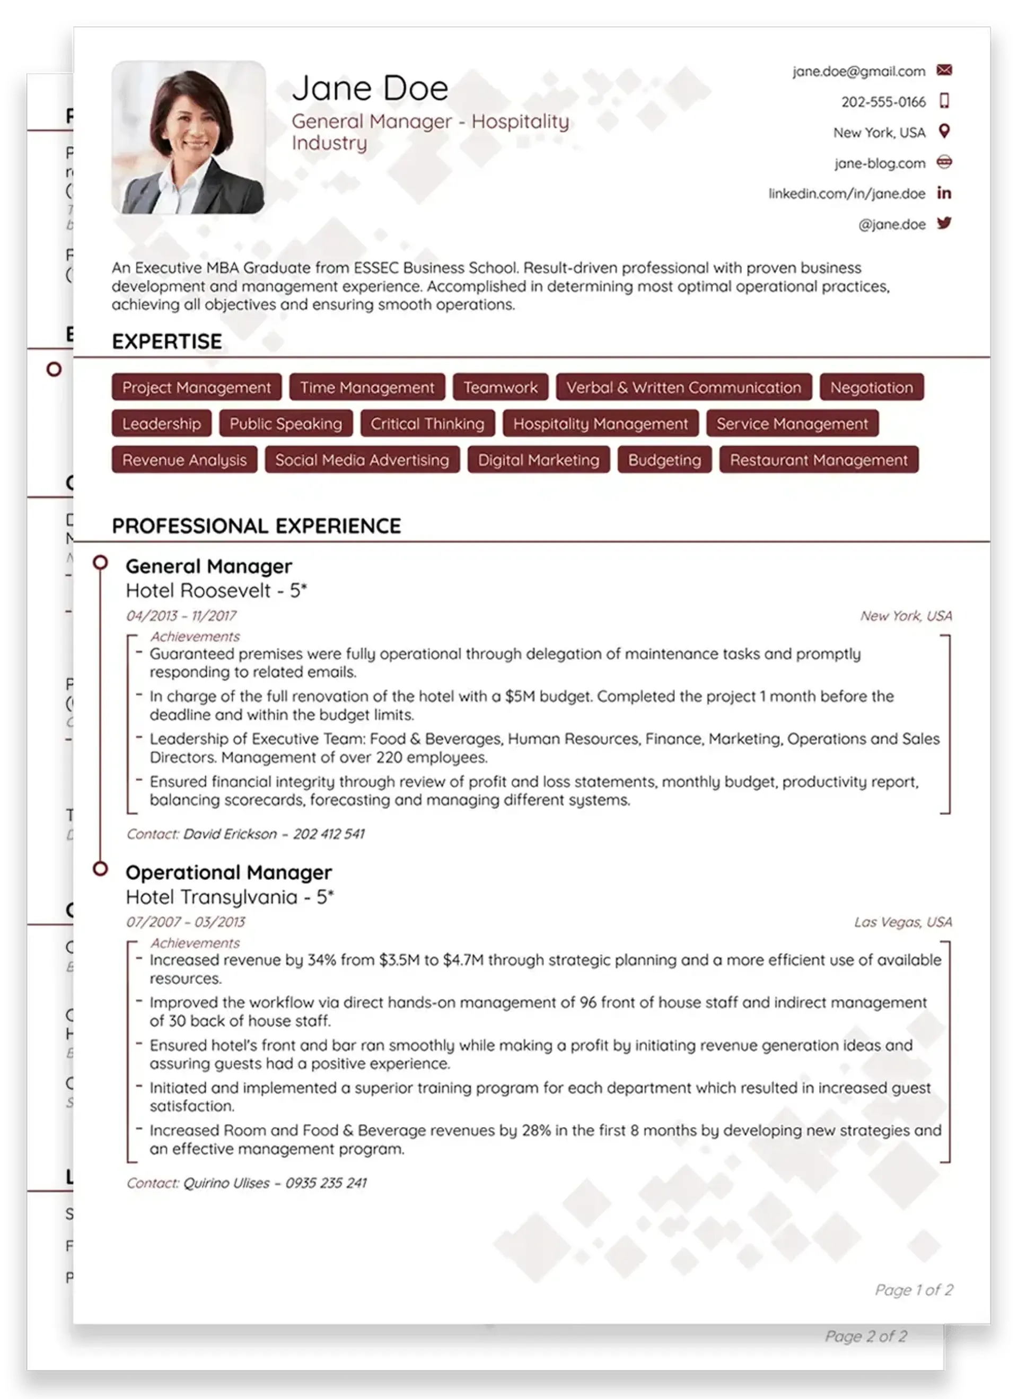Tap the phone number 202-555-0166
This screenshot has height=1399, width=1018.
click(x=883, y=102)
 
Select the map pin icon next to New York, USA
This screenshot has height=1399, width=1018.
click(x=944, y=132)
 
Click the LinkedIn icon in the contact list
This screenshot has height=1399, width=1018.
click(x=944, y=193)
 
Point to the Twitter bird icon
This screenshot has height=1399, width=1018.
click(x=944, y=223)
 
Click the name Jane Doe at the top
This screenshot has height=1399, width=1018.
click(x=370, y=88)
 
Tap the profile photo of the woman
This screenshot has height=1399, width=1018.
click(x=189, y=137)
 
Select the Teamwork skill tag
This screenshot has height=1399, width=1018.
click(x=500, y=387)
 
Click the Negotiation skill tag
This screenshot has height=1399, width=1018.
click(x=871, y=387)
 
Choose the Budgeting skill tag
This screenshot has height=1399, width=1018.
click(x=664, y=460)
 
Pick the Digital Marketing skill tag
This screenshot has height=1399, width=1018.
click(x=538, y=460)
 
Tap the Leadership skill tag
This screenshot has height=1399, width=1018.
click(x=162, y=424)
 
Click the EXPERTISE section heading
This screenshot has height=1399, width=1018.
click(x=166, y=341)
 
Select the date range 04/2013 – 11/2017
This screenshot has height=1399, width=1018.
click(x=181, y=616)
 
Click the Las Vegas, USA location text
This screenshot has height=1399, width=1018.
click(x=903, y=922)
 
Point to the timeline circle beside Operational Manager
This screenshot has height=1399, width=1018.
click(x=100, y=869)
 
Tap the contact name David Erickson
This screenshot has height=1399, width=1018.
click(x=230, y=834)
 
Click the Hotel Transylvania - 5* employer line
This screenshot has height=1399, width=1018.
click(x=230, y=897)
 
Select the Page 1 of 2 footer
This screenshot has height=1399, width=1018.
click(x=914, y=1290)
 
